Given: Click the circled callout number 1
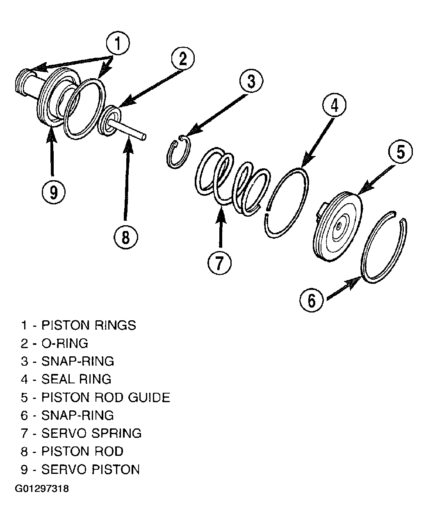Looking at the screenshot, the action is [118, 43].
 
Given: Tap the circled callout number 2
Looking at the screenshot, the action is [183, 59].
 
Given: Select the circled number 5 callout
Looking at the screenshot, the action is [400, 152].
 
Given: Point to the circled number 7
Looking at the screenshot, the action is [219, 263].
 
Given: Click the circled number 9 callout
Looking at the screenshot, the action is [53, 192].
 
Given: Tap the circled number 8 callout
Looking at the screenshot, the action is [125, 237].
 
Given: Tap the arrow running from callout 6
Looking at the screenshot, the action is [344, 288].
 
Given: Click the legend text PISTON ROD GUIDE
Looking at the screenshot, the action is [106, 397].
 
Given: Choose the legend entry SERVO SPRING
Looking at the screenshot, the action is [91, 433].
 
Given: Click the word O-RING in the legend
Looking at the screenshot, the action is [65, 343].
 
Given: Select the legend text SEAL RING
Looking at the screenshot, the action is [76, 379].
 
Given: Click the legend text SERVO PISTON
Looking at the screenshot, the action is [91, 469].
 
